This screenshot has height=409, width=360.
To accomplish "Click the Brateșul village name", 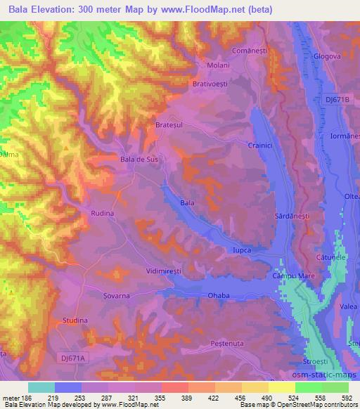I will pos(169,125).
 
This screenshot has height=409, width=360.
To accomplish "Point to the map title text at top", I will pos(139,9).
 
